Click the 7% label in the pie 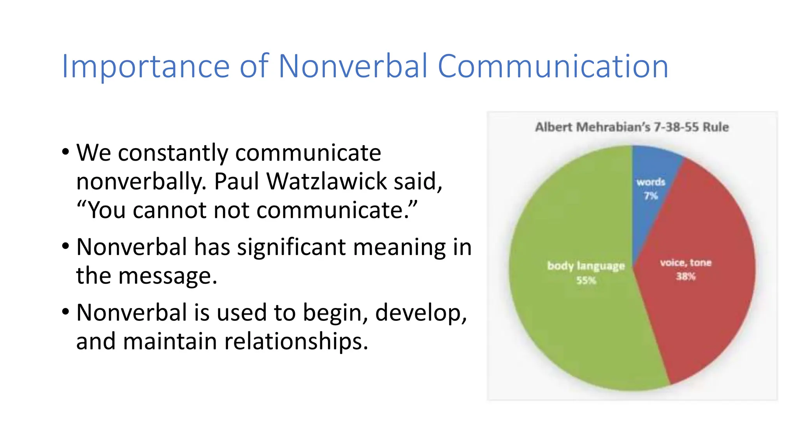point(651,196)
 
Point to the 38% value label point(686,276)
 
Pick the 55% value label point(586,280)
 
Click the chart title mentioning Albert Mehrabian point(632,127)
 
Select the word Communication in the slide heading point(553,66)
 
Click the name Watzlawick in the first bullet point(327,181)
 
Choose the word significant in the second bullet point(291,247)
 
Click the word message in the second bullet point(167,276)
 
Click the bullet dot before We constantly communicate point(65,152)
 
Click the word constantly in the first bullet point(173,152)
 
